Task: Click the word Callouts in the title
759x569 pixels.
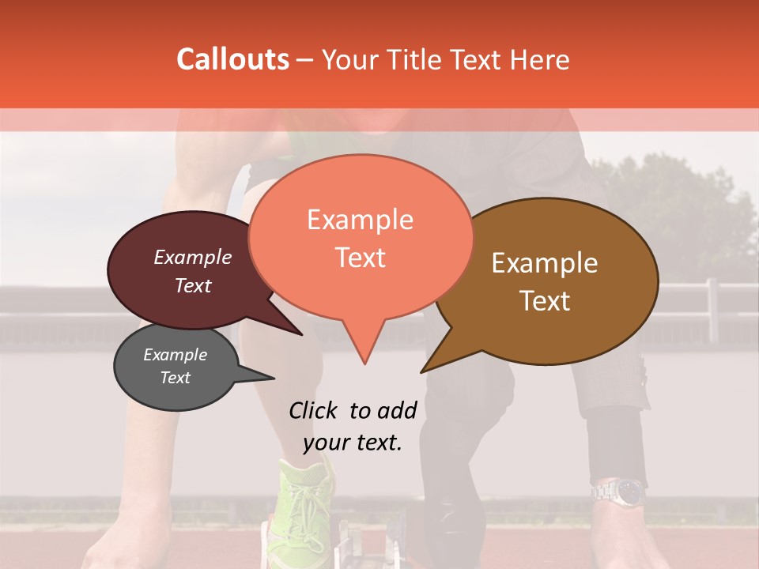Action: pos(232,59)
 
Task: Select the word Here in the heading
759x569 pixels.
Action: pos(537,60)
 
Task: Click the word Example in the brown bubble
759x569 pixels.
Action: pos(545,263)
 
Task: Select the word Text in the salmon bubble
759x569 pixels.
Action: pos(361,258)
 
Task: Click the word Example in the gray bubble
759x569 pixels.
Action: pos(175,355)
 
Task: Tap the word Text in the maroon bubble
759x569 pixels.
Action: pos(193,285)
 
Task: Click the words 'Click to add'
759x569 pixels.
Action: pos(353,410)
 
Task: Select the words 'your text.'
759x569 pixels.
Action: pos(353,443)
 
